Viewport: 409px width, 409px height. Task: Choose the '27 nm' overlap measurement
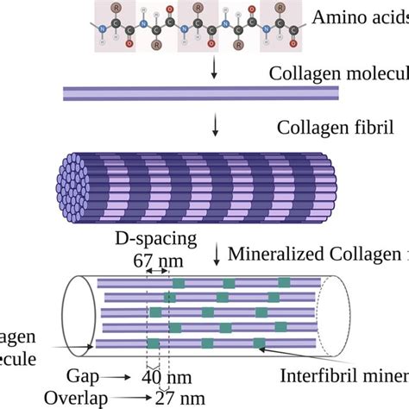(x=179, y=397)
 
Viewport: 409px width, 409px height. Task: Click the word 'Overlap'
(x=95, y=397)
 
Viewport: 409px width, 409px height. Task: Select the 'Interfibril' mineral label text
(x=314, y=375)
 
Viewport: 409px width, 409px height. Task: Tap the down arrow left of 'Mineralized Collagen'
(x=217, y=254)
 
